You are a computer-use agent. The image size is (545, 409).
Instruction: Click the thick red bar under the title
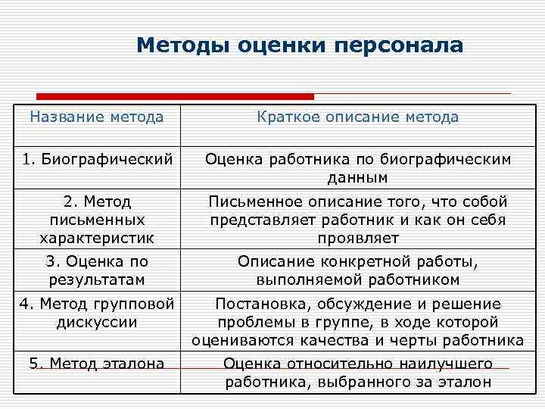point(175,97)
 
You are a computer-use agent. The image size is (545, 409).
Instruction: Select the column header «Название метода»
point(96,117)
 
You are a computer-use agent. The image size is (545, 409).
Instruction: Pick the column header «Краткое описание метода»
point(357,117)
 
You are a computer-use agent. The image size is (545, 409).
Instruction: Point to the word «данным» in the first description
point(357,178)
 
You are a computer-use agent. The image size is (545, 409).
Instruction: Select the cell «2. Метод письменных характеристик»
point(97,220)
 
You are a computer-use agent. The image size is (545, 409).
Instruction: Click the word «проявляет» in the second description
point(358,239)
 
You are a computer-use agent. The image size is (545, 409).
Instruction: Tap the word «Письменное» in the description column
point(257,202)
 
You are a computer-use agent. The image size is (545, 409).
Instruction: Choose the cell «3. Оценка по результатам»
point(97,270)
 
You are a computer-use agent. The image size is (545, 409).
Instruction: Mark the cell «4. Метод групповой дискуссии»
point(97,313)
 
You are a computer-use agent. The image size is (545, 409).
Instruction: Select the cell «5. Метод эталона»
point(97,364)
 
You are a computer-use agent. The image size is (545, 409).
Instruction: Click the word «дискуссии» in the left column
point(97,322)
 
